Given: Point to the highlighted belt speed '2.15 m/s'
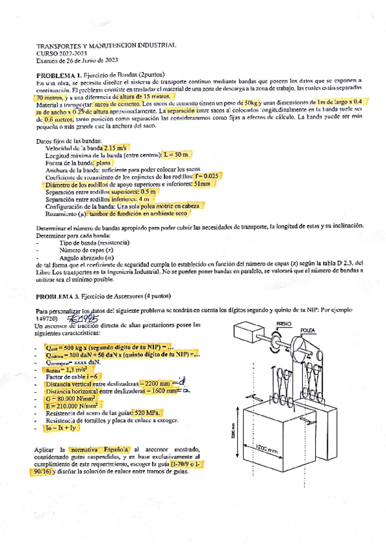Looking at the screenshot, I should click(112, 148).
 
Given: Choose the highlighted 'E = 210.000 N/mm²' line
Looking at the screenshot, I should click(75, 405).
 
